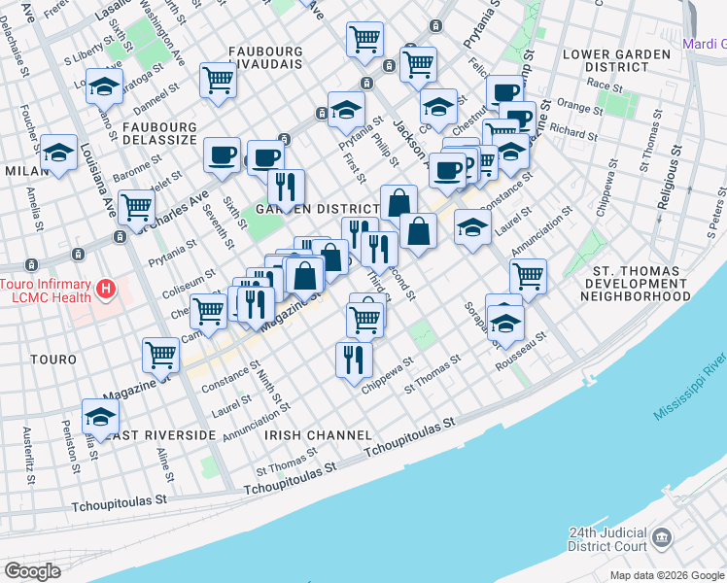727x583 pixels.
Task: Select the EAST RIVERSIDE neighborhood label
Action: tap(161, 435)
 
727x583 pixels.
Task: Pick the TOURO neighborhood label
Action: tap(53, 360)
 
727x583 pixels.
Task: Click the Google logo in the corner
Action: tap(33, 570)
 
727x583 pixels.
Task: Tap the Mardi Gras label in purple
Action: tap(704, 44)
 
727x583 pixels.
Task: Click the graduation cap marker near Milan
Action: tap(59, 153)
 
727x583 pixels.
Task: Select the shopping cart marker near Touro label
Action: tap(160, 355)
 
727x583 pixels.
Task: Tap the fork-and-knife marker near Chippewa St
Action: tap(354, 359)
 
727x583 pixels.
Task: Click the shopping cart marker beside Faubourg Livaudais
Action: tap(218, 81)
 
